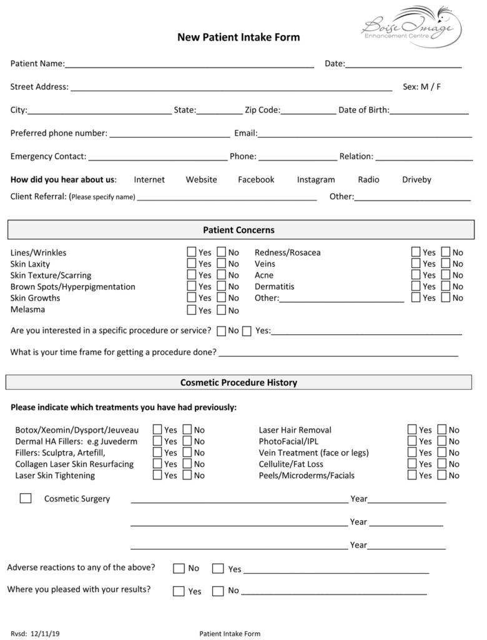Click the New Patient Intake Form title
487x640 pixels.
coord(239,37)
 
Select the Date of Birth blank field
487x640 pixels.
coord(429,111)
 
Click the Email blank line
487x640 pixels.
coord(365,134)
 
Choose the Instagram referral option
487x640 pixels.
coord(316,179)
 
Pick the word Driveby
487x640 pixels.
coord(416,179)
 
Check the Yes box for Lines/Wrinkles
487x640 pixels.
coord(192,252)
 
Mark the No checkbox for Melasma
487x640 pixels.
coord(222,309)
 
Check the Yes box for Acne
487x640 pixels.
coord(416,274)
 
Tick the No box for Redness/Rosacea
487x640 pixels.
coord(446,252)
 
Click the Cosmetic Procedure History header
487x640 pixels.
coord(239,382)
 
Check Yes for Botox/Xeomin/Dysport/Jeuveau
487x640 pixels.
coord(158,429)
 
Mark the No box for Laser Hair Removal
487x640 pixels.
coord(442,429)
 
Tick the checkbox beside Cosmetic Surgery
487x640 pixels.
coord(26,498)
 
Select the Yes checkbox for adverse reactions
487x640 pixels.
coord(218,568)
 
